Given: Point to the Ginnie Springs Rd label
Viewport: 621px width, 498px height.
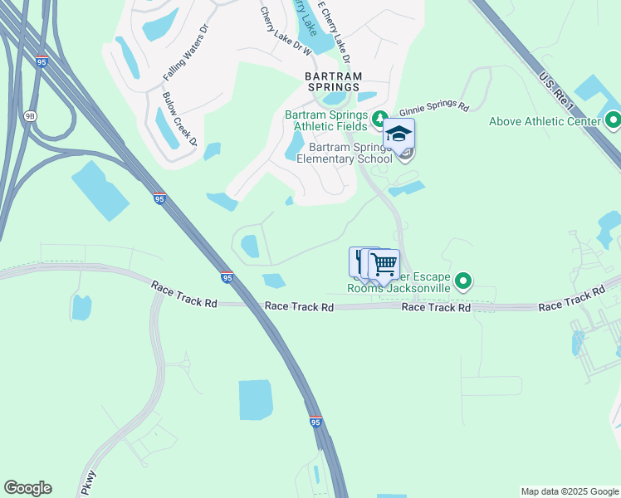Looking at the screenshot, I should tap(434, 109).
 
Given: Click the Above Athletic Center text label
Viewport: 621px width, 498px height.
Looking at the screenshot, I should tap(544, 121).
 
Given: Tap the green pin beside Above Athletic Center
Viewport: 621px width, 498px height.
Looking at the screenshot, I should tap(614, 120).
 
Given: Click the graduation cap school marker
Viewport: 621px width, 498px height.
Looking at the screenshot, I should tap(399, 135).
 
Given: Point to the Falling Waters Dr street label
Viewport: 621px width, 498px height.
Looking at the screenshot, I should tap(183, 61).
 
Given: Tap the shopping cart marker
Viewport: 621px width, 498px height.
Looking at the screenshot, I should tap(384, 265).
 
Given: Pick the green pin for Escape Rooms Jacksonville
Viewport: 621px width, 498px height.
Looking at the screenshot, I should tap(464, 283).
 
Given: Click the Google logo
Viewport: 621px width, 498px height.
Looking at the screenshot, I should tap(27, 488).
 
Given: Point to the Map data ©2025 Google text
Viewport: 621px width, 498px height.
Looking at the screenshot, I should tap(569, 491).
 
